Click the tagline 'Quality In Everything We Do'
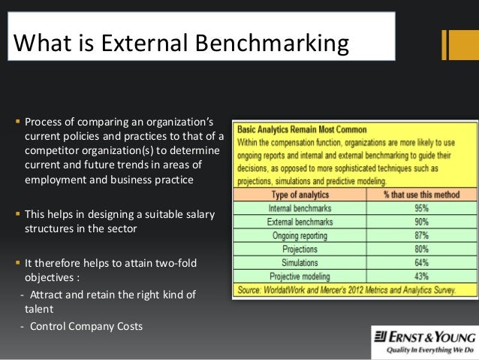point(423,349)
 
